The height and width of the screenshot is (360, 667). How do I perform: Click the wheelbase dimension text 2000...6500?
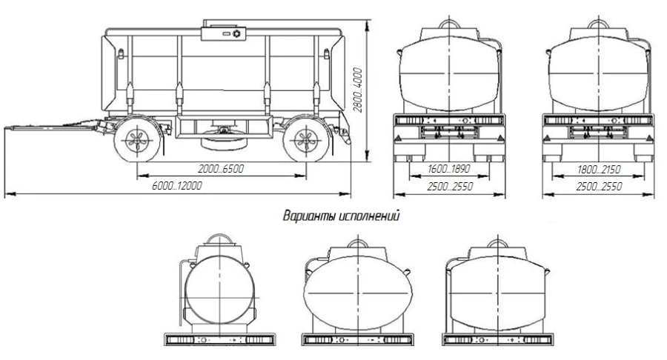(x=220, y=170)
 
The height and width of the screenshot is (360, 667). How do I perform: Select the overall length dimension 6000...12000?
(x=176, y=186)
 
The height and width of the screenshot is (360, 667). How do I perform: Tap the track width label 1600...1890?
(x=450, y=170)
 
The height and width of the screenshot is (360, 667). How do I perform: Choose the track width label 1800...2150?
(x=599, y=170)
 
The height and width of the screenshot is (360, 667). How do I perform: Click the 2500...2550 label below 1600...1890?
(x=450, y=186)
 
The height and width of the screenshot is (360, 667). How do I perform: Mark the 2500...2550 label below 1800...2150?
(x=599, y=186)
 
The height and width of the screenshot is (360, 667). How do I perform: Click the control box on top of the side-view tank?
(x=224, y=33)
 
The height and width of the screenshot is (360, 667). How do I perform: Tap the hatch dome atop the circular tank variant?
(x=218, y=242)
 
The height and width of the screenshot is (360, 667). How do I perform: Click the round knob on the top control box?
(x=236, y=33)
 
